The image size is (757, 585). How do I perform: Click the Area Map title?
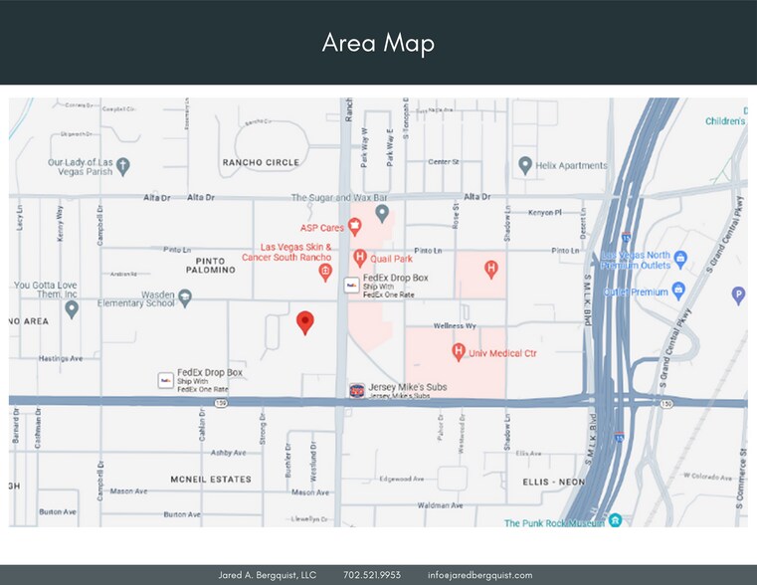[x=378, y=44]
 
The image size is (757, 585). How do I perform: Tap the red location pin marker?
[x=305, y=321]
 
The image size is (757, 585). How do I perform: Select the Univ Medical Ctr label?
[x=503, y=351]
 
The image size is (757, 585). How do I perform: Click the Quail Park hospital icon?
[x=360, y=258]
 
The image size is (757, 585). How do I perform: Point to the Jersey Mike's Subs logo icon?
[x=355, y=390]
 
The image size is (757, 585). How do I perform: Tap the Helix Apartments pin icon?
[x=525, y=165]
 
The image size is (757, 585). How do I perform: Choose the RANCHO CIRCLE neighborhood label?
[x=261, y=161]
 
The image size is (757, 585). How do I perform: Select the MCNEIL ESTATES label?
[x=210, y=479]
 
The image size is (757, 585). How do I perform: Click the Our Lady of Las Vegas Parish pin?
[x=122, y=165]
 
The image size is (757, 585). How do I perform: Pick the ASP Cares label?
[x=321, y=227]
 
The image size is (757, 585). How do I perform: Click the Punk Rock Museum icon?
[x=616, y=520]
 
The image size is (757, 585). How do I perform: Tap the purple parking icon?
[x=738, y=293]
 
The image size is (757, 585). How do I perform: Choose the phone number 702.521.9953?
[x=372, y=575]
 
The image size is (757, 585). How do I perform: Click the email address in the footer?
[x=480, y=575]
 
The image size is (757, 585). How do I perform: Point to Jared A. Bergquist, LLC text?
[x=267, y=575]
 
